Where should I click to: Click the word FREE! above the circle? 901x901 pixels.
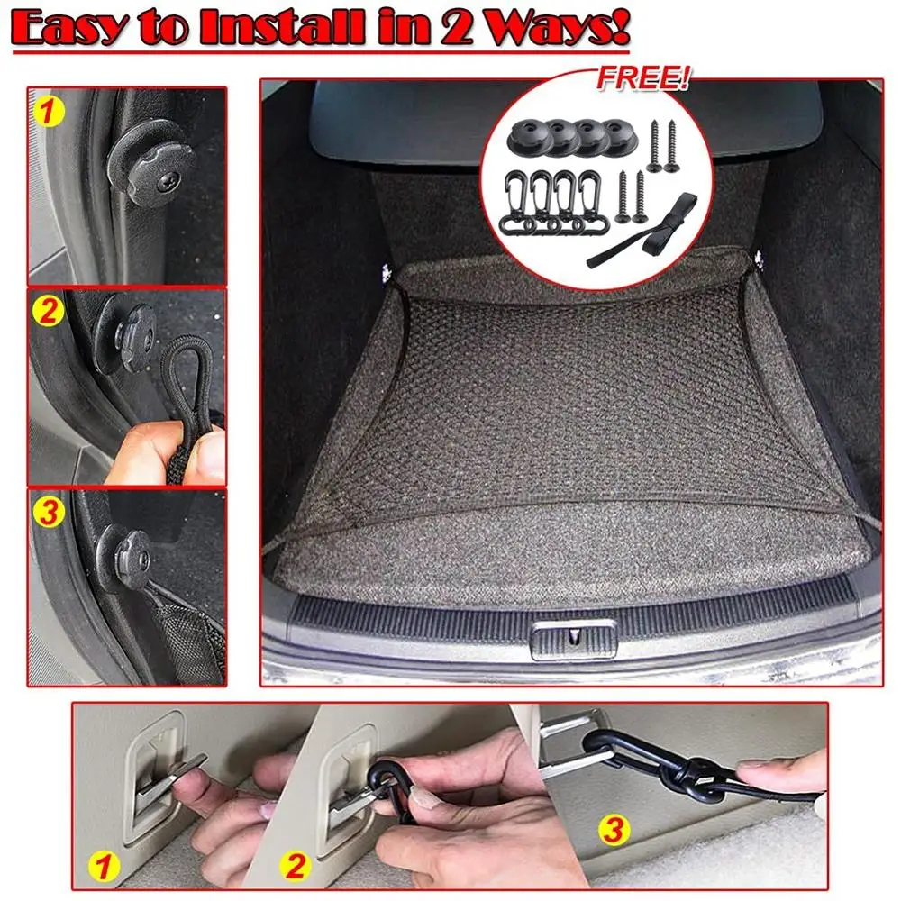(x=642, y=78)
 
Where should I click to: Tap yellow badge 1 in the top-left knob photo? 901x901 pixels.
(x=49, y=112)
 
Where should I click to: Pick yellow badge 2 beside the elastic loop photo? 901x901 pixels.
(x=49, y=311)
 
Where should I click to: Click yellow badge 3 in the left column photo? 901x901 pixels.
(x=49, y=512)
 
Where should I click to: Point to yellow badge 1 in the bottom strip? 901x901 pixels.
(x=104, y=866)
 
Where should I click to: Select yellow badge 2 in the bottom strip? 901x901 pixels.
(x=296, y=865)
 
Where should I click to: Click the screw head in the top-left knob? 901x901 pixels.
(x=168, y=182)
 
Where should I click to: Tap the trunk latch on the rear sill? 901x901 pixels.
(x=573, y=639)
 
